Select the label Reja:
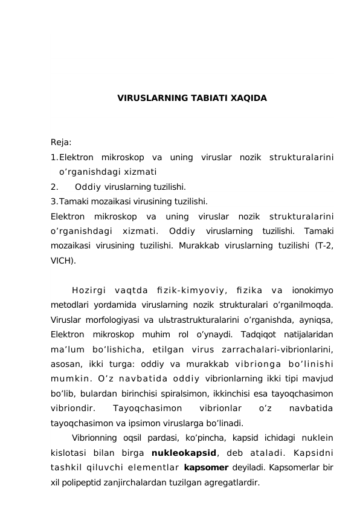61,143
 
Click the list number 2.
54,187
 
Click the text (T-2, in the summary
323,246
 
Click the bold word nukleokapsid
184,453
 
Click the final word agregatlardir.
228,483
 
